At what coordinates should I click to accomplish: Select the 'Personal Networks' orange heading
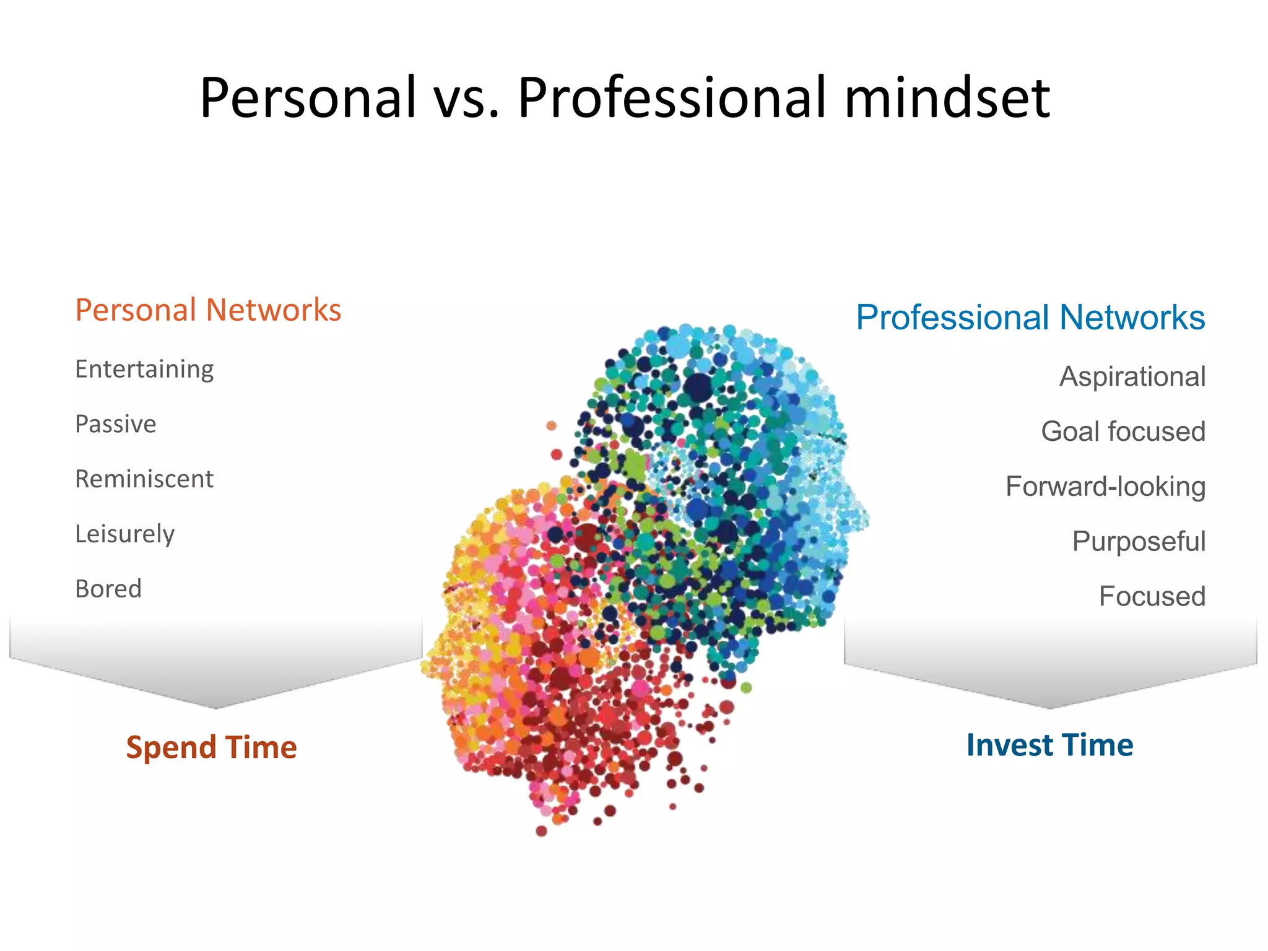click(x=208, y=310)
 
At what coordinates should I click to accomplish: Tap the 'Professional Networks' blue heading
click(x=1030, y=318)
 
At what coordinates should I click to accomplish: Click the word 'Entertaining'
click(x=144, y=369)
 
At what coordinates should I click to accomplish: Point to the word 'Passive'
click(x=116, y=424)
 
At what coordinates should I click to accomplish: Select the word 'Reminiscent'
click(x=144, y=479)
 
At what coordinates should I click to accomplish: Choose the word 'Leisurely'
click(x=125, y=534)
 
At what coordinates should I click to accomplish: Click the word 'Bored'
click(x=108, y=589)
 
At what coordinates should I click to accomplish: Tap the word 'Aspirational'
click(x=1132, y=376)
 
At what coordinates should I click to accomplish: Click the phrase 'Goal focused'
click(x=1123, y=432)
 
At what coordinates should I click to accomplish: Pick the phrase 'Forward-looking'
click(x=1105, y=487)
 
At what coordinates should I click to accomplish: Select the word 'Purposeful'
click(x=1139, y=542)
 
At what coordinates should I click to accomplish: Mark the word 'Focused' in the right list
click(x=1152, y=596)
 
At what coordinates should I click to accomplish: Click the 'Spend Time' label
click(x=211, y=747)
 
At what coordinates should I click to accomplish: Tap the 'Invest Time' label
click(x=1049, y=745)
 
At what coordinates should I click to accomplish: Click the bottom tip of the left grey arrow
click(x=215, y=707)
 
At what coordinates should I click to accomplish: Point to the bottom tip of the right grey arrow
click(x=1050, y=707)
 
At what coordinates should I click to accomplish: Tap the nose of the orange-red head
click(x=426, y=667)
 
